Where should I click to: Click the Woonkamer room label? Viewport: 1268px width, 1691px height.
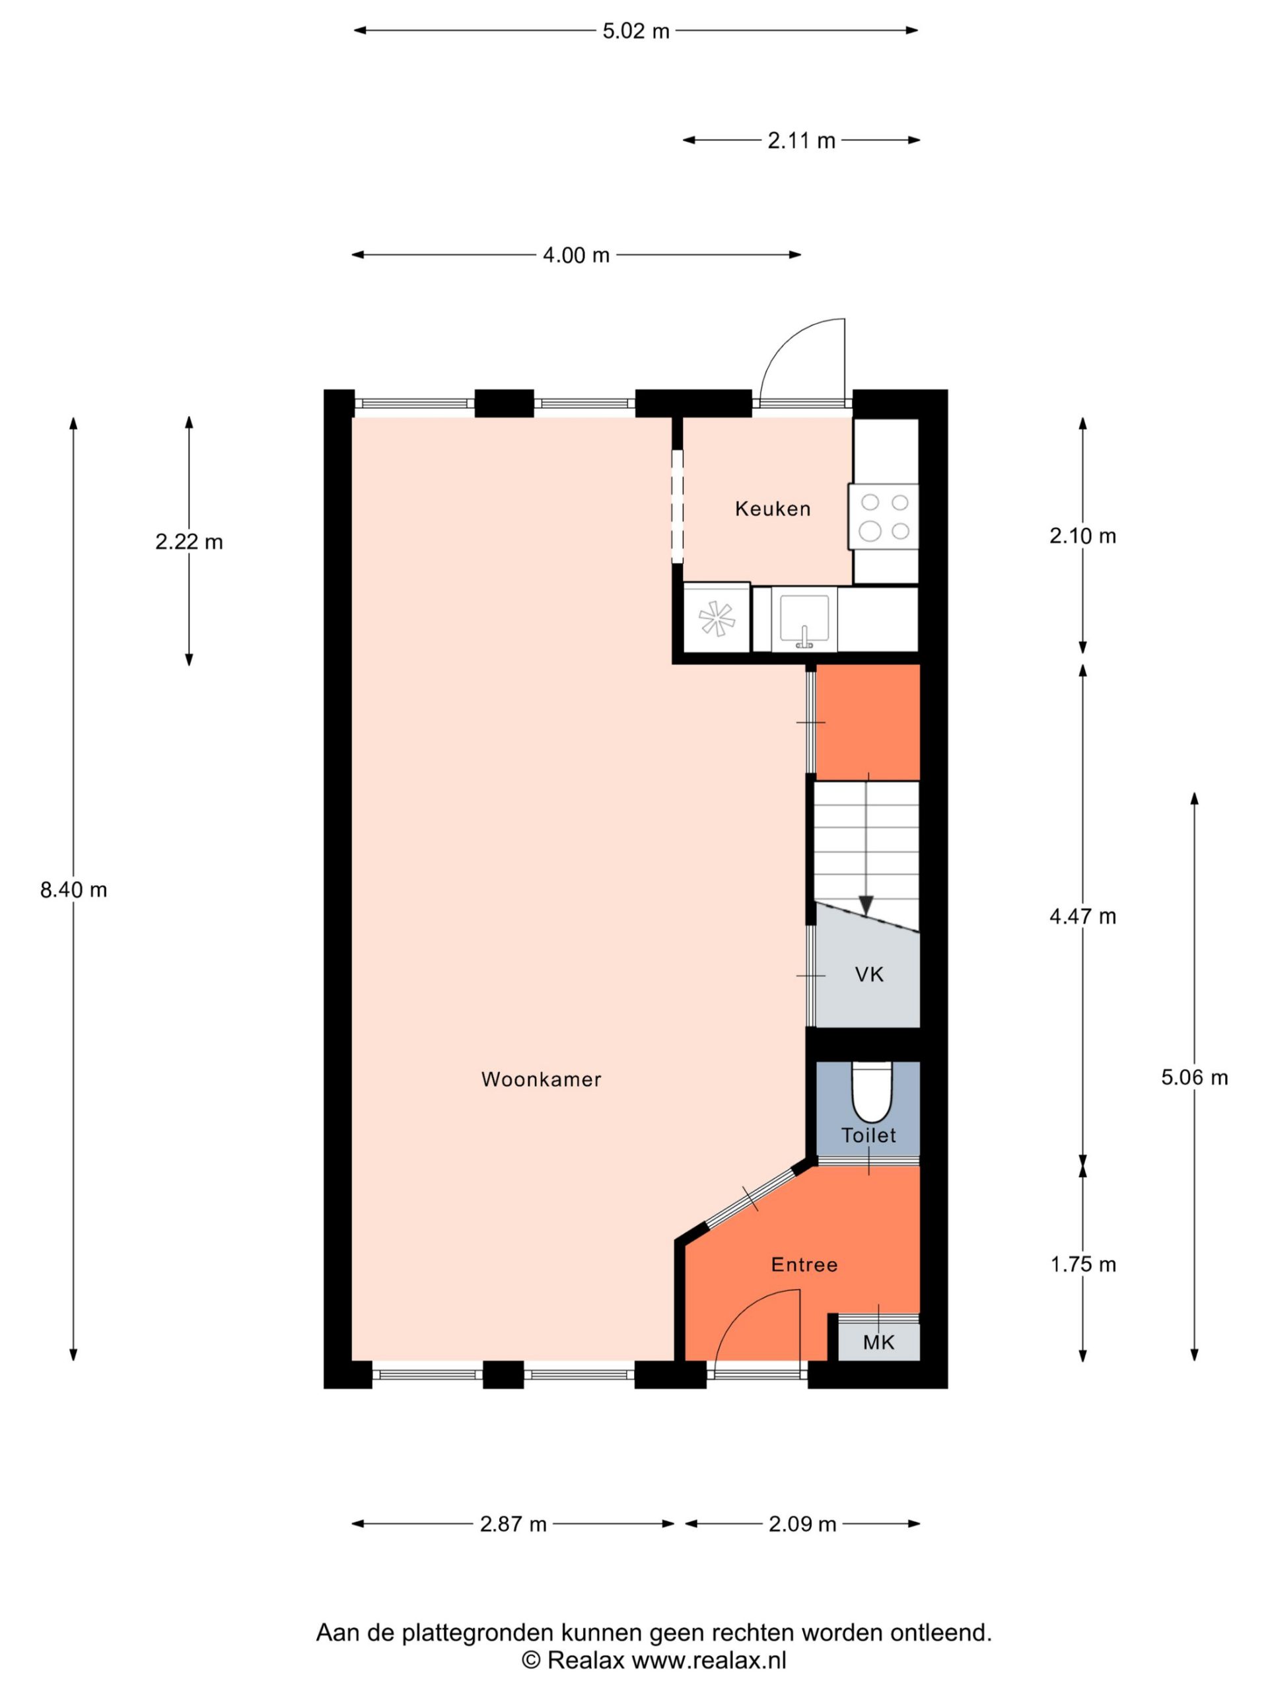click(541, 1079)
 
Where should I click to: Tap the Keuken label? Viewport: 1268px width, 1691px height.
click(773, 509)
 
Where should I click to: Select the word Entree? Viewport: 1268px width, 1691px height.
click(804, 1264)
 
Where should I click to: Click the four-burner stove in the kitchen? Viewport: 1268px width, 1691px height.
click(884, 516)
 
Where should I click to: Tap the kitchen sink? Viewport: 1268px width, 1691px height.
click(804, 619)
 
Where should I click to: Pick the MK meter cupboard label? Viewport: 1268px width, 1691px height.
click(879, 1342)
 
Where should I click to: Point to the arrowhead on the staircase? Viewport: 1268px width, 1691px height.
click(866, 905)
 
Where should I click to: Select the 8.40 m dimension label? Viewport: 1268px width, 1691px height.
click(73, 890)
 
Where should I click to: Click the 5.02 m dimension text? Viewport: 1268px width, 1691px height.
click(636, 31)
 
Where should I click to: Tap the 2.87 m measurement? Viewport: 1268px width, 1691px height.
click(514, 1525)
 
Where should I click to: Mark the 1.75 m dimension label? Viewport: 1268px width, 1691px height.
click(1083, 1264)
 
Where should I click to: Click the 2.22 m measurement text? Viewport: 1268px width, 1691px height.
click(189, 542)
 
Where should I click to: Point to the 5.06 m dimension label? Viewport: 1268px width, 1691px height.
click(1195, 1077)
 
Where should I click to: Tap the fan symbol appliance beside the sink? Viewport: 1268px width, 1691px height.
click(717, 618)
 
